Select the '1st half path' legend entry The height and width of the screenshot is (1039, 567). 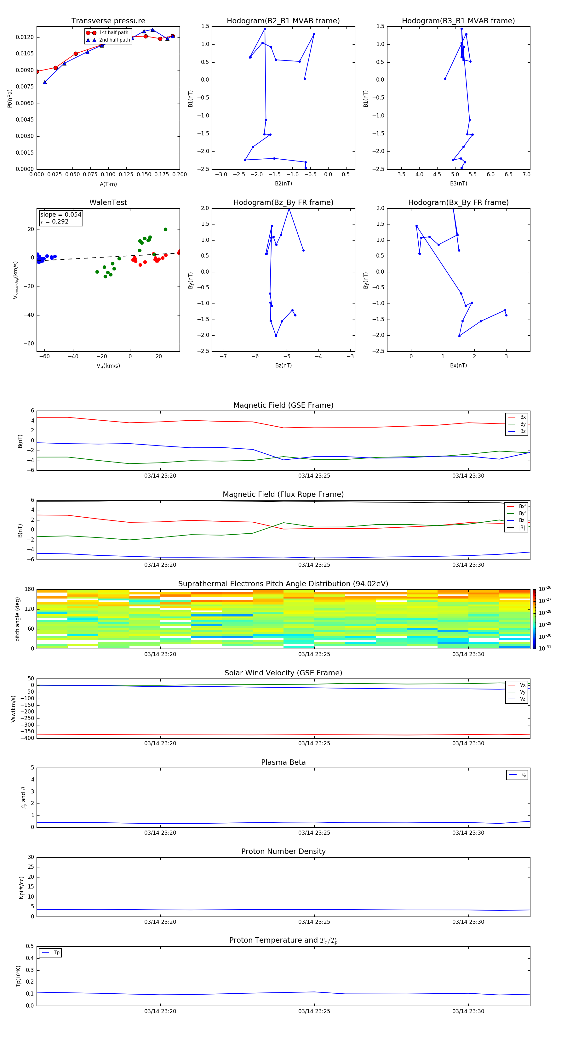113,33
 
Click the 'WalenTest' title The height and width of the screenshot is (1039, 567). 108,202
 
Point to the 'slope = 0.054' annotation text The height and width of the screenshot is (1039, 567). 60,215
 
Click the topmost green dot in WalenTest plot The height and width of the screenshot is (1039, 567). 165,230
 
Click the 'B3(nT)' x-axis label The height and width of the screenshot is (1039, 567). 458,184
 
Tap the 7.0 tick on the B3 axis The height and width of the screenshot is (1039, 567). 526,175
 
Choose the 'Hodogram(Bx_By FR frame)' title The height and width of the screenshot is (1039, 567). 458,202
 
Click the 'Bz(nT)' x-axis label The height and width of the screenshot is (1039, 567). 283,366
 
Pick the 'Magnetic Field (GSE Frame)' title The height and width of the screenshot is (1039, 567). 283,405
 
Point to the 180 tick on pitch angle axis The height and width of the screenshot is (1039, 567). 30,589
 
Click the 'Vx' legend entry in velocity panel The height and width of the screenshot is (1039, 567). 523,685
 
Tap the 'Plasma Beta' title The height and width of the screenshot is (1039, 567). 283,762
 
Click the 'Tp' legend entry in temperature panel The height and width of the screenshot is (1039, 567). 56,953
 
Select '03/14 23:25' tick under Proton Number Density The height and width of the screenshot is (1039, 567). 314,922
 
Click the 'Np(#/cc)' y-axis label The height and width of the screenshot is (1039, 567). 22,887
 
